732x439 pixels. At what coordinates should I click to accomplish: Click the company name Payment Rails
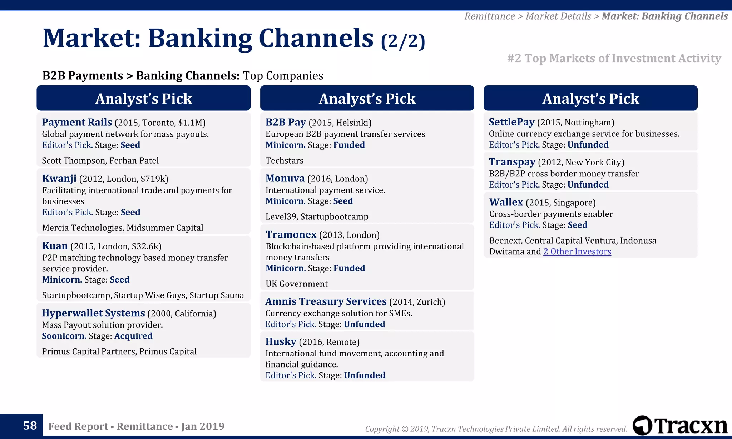tap(77, 122)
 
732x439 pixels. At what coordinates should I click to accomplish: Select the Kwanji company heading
tap(59, 178)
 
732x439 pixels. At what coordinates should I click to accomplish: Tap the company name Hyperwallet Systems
tap(93, 313)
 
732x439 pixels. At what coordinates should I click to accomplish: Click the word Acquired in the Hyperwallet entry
tap(133, 336)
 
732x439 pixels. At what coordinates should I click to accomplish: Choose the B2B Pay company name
tap(286, 122)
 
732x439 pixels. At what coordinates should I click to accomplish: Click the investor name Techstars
tap(284, 160)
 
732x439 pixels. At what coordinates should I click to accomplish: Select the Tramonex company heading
tap(291, 234)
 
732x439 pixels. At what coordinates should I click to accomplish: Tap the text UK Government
tap(296, 284)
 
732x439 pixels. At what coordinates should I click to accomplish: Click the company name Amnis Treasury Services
tap(326, 301)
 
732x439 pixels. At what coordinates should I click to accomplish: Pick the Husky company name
tap(281, 341)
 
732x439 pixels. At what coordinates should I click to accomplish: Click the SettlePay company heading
tap(511, 122)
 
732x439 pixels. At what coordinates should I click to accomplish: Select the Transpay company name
tap(512, 162)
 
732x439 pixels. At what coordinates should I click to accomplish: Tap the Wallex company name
tap(506, 202)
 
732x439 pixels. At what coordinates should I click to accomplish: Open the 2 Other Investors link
tap(577, 251)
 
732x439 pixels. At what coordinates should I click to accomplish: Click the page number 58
tap(30, 425)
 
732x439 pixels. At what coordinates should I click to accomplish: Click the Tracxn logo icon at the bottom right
tap(643, 425)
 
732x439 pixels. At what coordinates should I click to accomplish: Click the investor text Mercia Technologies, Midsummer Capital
tap(123, 228)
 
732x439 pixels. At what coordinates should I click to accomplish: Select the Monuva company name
tap(285, 178)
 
